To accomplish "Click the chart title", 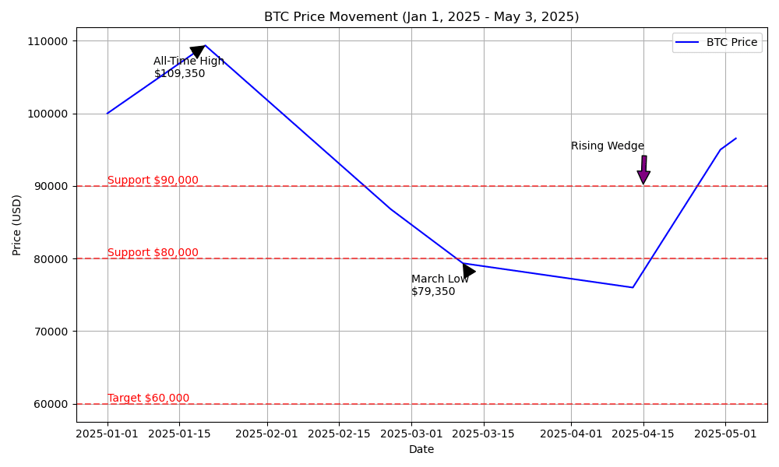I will (x=421, y=17).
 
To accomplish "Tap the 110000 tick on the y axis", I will (x=51, y=41).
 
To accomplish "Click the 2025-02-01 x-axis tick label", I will (x=267, y=434).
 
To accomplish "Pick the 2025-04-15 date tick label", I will (x=643, y=434).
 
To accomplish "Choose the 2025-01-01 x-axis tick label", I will (x=108, y=434).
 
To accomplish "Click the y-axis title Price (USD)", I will (x=17, y=225).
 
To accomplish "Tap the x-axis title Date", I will (x=421, y=449).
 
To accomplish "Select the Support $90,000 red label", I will (x=153, y=181).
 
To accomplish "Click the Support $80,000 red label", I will (x=153, y=253).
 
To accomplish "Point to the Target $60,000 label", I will (x=148, y=399).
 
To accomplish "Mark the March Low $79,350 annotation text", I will (x=440, y=286).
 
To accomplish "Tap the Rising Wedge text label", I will (x=608, y=146).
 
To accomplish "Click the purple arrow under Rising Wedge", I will (x=643, y=171).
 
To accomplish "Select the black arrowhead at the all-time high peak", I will (x=198, y=51).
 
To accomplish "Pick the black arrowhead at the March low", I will (x=467, y=271).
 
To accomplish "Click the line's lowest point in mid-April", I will (x=633, y=287).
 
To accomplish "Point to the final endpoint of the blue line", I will (x=736, y=139).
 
